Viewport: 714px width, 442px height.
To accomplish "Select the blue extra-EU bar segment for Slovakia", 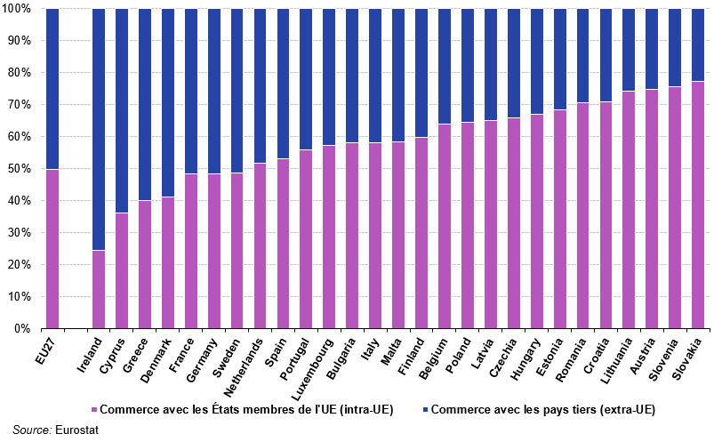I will pyautogui.click(x=698, y=44).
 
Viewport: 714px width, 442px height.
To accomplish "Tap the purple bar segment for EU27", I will pyautogui.click(x=52, y=249).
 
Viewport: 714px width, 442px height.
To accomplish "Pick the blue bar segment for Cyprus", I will pyautogui.click(x=121, y=111).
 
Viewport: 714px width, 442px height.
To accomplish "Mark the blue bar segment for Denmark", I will pyautogui.click(x=167, y=102).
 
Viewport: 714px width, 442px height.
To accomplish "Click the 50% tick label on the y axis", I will pyautogui.click(x=19, y=169).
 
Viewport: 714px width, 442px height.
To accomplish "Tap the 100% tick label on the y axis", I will pyautogui.click(x=16, y=9).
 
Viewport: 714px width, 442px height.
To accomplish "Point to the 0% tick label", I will pyautogui.click(x=22, y=329).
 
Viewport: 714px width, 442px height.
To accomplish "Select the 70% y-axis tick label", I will pyautogui.click(x=19, y=105).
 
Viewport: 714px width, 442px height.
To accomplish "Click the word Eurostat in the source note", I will pyautogui.click(x=75, y=430).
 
